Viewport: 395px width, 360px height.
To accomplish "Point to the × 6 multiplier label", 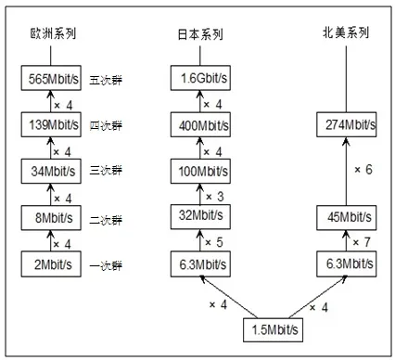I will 366,170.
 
